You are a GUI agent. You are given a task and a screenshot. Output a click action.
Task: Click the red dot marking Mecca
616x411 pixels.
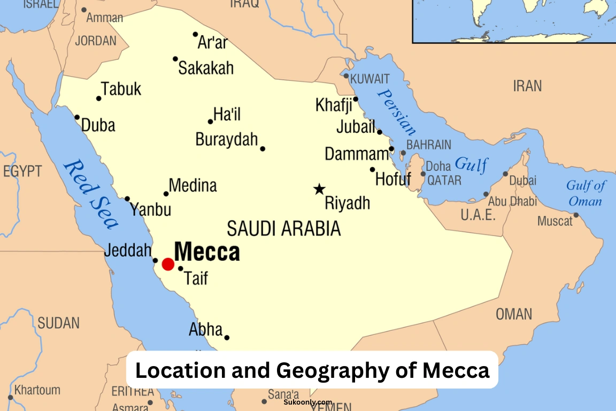click(168, 264)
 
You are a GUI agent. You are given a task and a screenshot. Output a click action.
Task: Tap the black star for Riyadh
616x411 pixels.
click(319, 189)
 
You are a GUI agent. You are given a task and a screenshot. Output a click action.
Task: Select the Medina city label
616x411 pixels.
click(193, 186)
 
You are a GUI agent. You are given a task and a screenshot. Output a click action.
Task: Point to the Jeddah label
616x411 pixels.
click(128, 250)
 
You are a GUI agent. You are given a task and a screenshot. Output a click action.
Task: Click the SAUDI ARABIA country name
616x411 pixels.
click(284, 229)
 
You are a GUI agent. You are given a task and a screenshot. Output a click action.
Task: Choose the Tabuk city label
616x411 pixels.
click(121, 89)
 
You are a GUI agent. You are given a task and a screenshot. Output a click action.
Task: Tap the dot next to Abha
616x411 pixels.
click(227, 338)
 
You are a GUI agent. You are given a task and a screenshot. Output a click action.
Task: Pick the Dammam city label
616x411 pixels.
click(357, 155)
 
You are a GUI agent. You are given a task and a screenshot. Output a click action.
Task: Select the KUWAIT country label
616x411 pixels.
click(370, 79)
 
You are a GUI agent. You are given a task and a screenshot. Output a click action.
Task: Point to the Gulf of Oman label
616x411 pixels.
click(586, 194)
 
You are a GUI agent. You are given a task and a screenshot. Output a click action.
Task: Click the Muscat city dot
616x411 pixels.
click(576, 215)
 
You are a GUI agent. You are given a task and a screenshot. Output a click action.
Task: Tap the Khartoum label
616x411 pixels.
click(37, 390)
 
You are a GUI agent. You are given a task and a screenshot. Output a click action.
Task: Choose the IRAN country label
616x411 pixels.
click(527, 86)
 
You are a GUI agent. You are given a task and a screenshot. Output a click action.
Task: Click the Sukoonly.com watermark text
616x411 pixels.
click(308, 402)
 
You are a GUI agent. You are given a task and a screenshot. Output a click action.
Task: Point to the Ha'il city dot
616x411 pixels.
click(211, 121)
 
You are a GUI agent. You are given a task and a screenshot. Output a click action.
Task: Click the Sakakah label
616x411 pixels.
click(206, 68)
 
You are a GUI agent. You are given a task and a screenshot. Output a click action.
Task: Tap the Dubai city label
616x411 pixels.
click(522, 181)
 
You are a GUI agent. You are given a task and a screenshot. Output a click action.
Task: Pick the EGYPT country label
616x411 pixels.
click(22, 171)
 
